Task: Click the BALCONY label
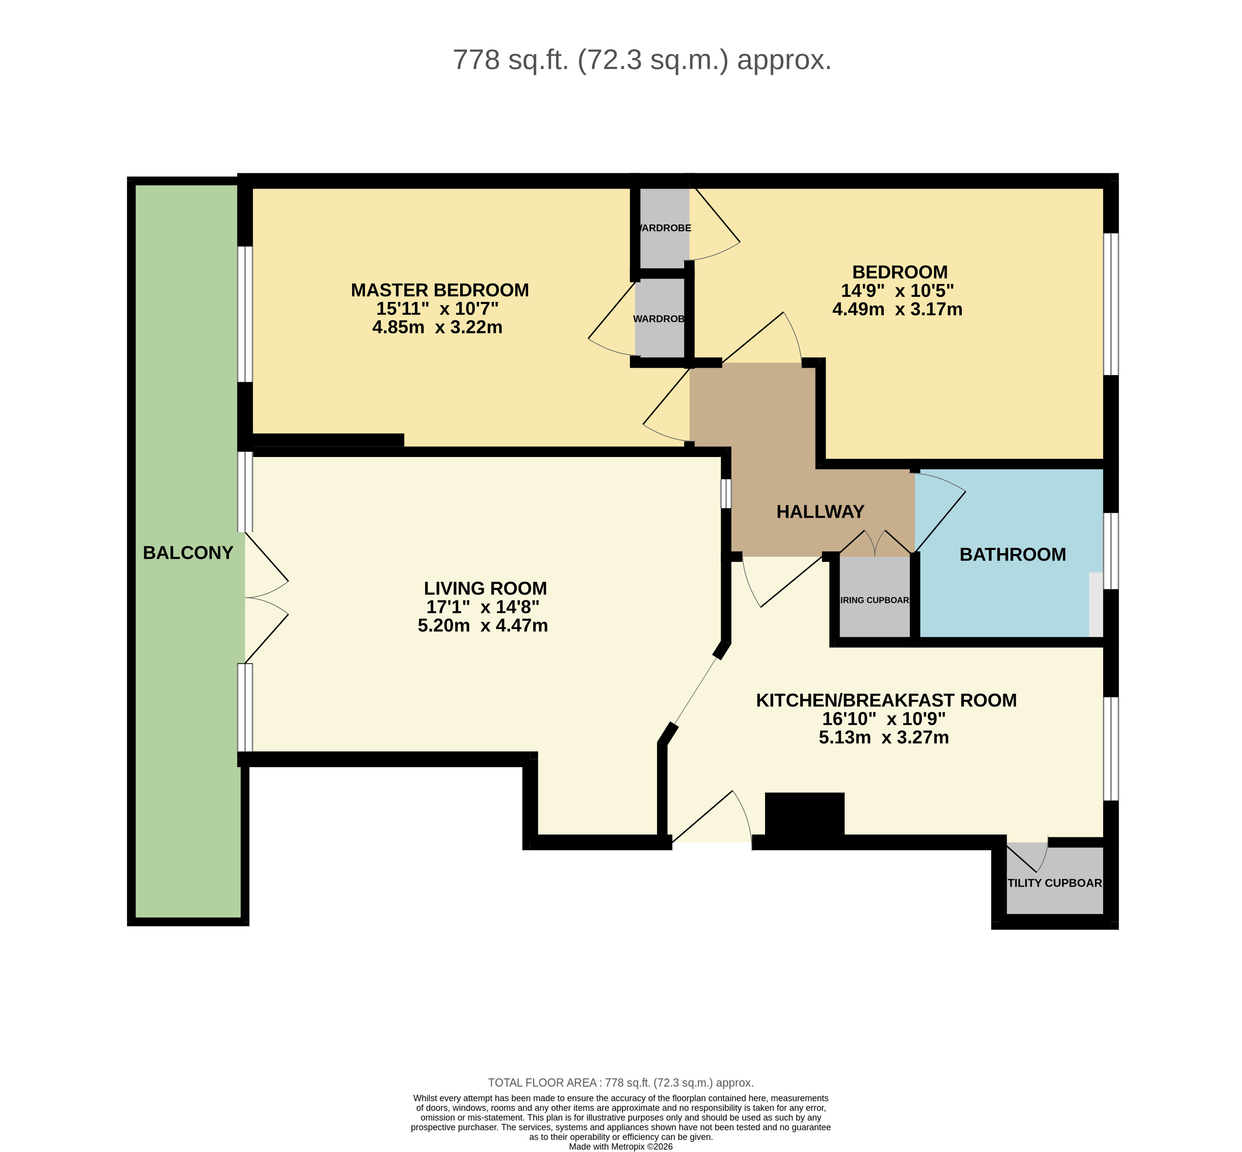(x=188, y=552)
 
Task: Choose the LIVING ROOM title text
(x=485, y=588)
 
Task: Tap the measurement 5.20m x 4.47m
(x=482, y=625)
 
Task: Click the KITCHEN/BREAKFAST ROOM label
(x=886, y=700)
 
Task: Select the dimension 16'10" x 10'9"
(x=883, y=719)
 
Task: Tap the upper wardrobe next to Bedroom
(x=664, y=228)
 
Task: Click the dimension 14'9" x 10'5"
(x=897, y=291)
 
